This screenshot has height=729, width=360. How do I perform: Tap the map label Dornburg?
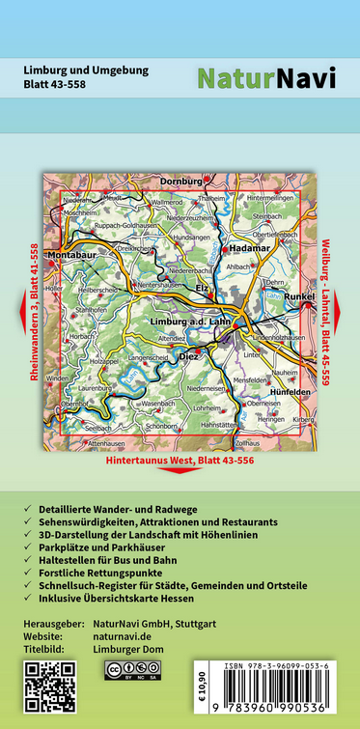click(x=181, y=181)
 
